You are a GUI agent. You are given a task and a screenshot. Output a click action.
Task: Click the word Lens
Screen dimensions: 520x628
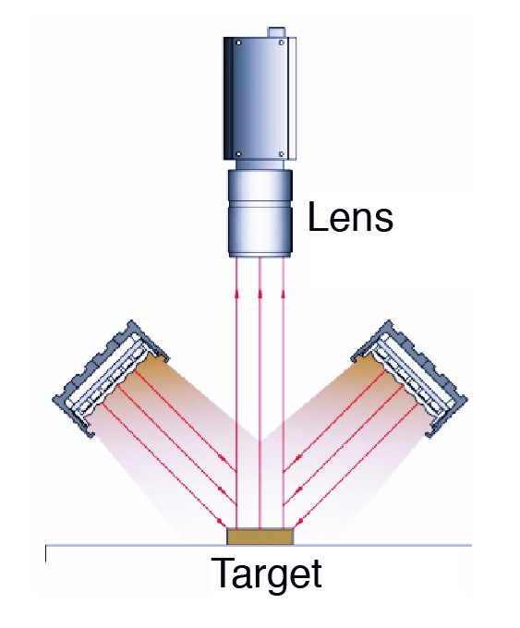point(350,216)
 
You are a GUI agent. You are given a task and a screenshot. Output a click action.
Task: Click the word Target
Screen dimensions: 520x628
point(267,574)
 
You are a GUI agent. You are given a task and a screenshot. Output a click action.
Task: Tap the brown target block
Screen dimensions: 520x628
point(260,537)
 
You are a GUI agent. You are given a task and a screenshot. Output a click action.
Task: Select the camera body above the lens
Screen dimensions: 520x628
point(260,99)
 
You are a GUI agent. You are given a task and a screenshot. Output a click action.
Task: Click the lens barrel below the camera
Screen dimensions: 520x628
point(260,213)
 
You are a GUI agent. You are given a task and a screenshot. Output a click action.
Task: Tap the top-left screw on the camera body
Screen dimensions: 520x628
point(238,42)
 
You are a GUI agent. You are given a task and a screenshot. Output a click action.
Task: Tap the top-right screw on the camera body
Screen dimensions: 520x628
point(282,42)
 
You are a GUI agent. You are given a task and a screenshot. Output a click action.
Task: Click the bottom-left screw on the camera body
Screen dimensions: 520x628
point(238,154)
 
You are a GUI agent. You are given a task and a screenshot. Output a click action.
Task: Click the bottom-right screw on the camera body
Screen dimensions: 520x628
point(281,154)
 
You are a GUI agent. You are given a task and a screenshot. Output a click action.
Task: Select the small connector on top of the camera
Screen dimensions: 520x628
point(276,32)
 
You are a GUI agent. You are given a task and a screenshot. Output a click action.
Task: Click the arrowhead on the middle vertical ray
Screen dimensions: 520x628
point(260,294)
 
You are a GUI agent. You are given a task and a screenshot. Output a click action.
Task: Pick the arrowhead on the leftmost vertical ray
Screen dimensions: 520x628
point(236,294)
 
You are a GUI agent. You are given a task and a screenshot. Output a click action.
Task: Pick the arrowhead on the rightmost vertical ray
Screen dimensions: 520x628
point(284,294)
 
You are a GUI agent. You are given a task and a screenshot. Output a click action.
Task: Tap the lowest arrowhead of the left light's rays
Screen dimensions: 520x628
point(220,521)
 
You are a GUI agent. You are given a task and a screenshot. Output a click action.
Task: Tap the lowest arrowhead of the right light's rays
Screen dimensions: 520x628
point(299,521)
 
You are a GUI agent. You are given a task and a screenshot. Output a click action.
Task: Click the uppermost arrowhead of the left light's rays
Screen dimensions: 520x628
point(221,456)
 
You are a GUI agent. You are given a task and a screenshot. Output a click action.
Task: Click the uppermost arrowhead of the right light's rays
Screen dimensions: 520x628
point(299,456)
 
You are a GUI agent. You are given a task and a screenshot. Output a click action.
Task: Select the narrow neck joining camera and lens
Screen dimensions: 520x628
point(260,165)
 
